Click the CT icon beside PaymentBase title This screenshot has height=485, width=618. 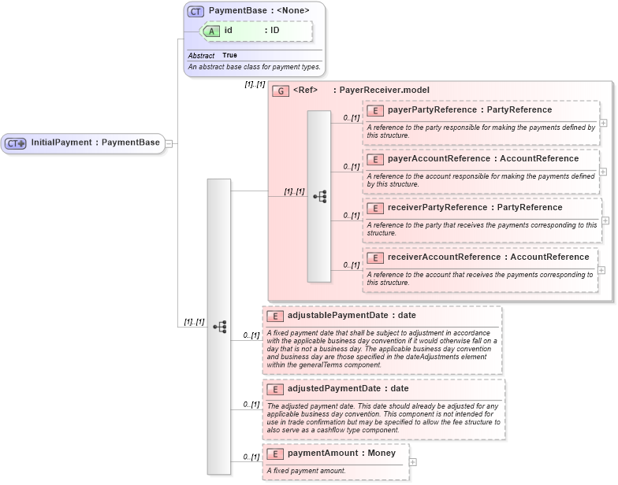pos(196,11)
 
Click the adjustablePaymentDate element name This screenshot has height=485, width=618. pos(341,316)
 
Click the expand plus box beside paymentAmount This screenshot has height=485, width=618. pos(412,461)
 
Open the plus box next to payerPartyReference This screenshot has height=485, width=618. pos(603,123)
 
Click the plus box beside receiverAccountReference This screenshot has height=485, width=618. pos(601,269)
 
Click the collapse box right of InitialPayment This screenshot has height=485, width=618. pos(168,143)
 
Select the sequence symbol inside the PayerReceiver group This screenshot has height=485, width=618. pos(319,196)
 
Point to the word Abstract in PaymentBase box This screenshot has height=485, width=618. pos(201,56)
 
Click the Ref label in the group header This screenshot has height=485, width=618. pos(305,91)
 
